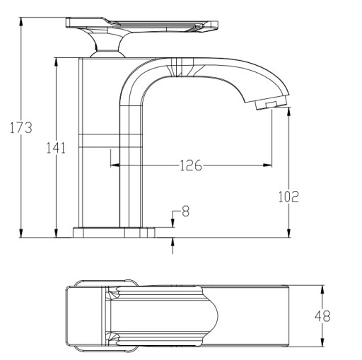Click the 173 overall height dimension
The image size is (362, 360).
(x=21, y=127)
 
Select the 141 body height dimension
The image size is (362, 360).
(x=56, y=148)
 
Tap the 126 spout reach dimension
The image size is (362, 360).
(x=191, y=165)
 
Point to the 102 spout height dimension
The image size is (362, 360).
(x=288, y=197)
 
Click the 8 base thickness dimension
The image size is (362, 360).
(x=186, y=211)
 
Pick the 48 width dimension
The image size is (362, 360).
(x=322, y=316)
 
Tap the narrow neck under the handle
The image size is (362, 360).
(x=107, y=47)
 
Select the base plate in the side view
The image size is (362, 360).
(x=114, y=232)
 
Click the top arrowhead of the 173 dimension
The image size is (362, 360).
(x=21, y=22)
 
